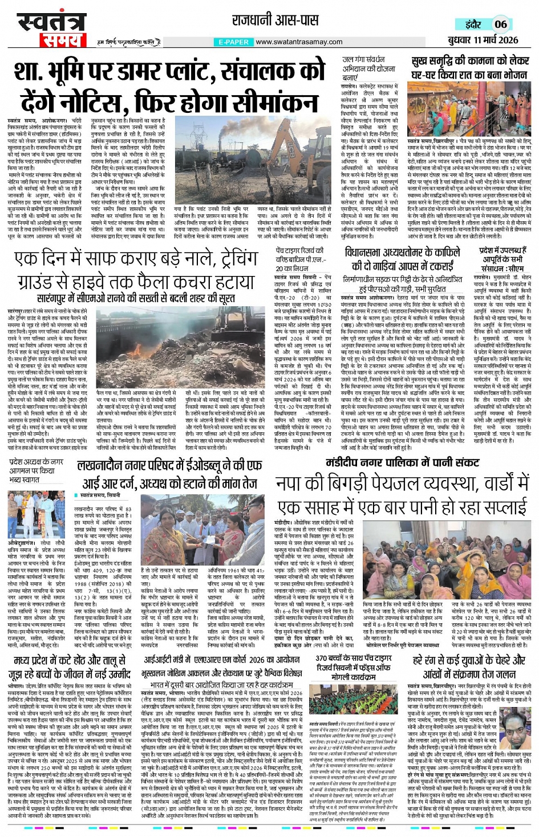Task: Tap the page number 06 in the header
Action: click(x=500, y=24)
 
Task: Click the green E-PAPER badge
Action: click(x=233, y=42)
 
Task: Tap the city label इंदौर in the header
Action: click(x=473, y=24)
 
